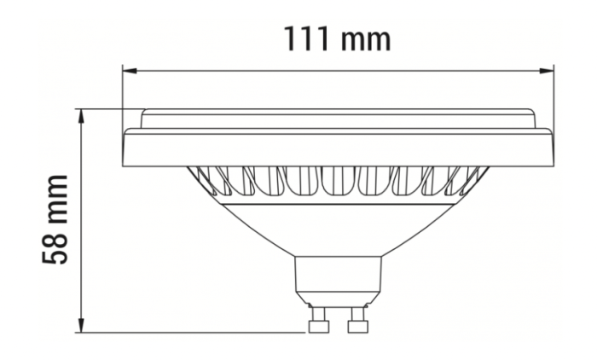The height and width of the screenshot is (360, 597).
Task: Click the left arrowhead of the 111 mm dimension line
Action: pyautogui.click(x=129, y=70)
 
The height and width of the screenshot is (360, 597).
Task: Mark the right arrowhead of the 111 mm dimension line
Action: pyautogui.click(x=548, y=70)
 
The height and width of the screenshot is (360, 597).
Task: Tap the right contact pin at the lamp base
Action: pyautogui.click(x=356, y=322)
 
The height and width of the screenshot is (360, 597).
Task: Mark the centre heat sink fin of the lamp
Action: pyautogui.click(x=339, y=180)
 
